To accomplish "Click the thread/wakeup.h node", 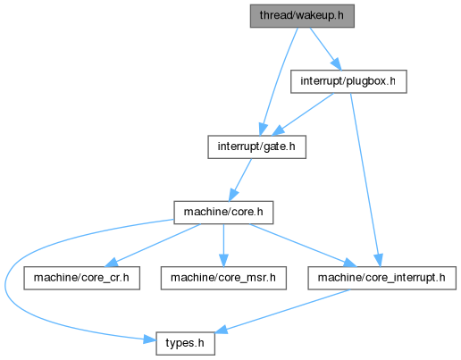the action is [x=302, y=16].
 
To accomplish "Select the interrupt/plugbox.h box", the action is [x=348, y=81].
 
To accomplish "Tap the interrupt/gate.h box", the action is [x=256, y=147].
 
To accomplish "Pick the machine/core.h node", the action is [x=223, y=213].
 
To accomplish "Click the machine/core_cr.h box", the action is [x=82, y=278].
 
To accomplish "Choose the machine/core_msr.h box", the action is [x=223, y=278].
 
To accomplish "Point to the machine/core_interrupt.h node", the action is [x=381, y=278].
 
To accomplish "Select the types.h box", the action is [x=185, y=344].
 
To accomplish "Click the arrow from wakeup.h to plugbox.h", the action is [x=325, y=49].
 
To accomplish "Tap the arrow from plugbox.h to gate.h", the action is [x=303, y=114].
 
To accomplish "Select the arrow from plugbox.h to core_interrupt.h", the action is [x=365, y=180].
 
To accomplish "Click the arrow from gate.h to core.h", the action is [x=240, y=180].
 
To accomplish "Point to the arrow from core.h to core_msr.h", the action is [x=223, y=246].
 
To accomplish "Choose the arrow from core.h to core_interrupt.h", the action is [x=302, y=246].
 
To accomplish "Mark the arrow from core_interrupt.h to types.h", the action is [x=282, y=311].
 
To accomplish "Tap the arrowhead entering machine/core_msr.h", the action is [x=223, y=261].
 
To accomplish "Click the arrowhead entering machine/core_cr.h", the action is [x=112, y=262].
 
